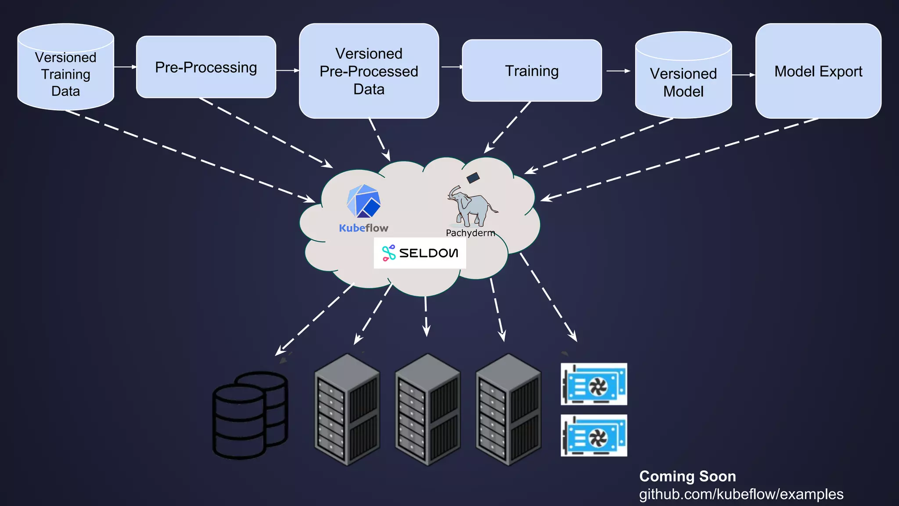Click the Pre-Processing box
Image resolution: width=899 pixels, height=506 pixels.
tap(206, 67)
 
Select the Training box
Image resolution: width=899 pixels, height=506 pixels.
tap(532, 71)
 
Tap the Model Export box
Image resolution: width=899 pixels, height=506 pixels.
tap(818, 71)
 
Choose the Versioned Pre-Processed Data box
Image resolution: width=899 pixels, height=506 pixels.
tap(369, 71)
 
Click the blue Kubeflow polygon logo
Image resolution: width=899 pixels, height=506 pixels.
tap(363, 202)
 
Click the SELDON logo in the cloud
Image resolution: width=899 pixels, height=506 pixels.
tap(420, 253)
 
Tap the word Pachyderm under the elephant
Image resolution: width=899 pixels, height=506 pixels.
tap(470, 233)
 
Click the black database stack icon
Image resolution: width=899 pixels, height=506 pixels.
tap(250, 415)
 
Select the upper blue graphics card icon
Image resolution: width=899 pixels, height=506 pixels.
tap(593, 384)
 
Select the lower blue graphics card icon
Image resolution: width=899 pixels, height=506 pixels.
tap(593, 435)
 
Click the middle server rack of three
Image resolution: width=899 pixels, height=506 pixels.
tap(428, 409)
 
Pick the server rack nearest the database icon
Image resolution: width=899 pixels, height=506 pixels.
tap(347, 409)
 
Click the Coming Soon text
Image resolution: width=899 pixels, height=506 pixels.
tap(687, 476)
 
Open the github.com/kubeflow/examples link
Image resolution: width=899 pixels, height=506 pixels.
tap(741, 494)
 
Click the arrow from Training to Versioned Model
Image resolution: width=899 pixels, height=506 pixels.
tap(618, 71)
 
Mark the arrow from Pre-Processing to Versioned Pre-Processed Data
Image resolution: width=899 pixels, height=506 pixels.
tap(288, 70)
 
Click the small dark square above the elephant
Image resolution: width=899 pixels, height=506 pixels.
tap(473, 178)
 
